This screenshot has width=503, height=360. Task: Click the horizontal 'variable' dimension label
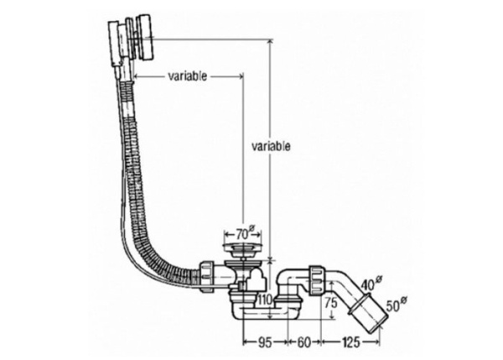coord(188,76)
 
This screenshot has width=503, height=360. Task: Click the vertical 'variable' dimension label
coord(272,146)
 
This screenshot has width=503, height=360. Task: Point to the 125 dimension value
coord(353,343)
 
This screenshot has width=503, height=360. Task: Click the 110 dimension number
coord(265,300)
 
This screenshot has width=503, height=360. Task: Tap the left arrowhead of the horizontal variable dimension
coord(137,76)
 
